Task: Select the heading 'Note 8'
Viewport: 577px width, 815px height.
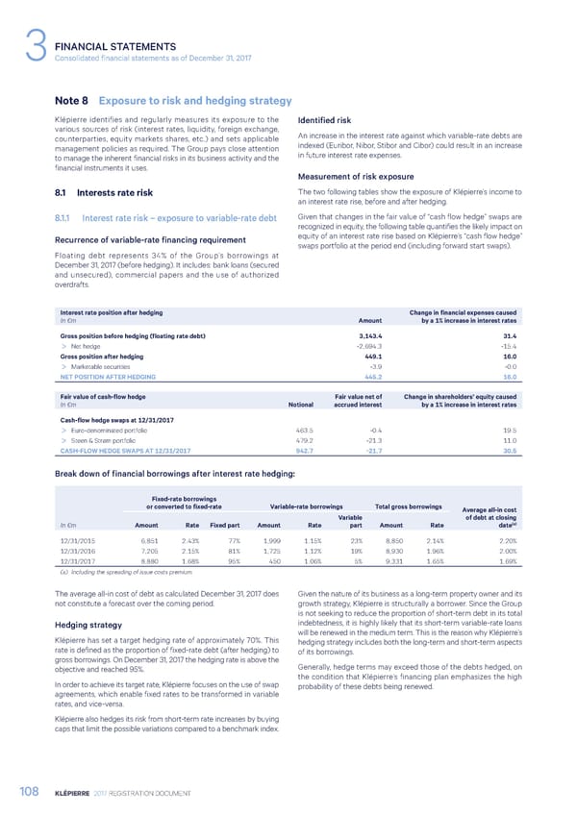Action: [x=73, y=101]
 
